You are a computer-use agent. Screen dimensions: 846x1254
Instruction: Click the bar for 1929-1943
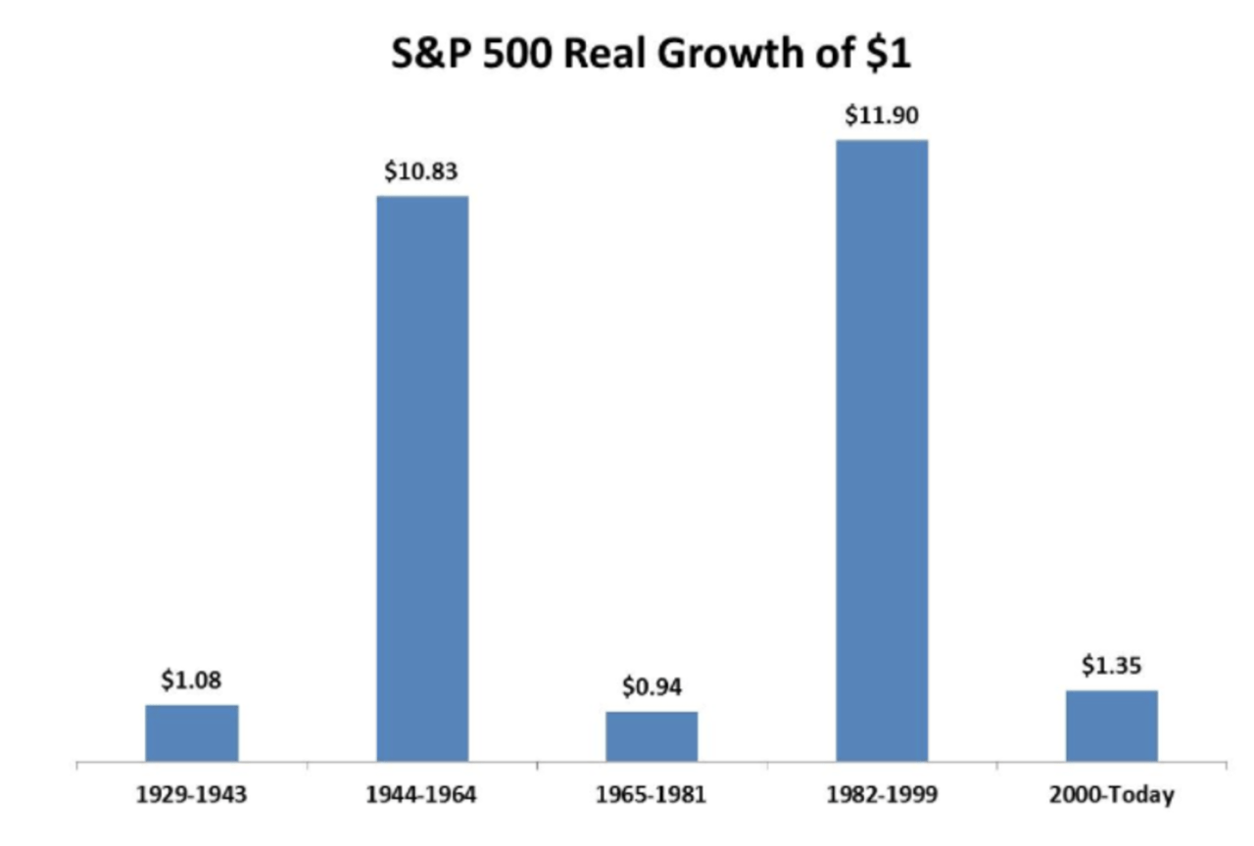coord(192,732)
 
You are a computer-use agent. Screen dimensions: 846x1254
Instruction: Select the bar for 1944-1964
coord(422,478)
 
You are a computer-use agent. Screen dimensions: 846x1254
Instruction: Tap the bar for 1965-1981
coord(651,736)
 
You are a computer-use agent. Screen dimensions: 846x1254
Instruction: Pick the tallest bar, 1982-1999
coord(882,450)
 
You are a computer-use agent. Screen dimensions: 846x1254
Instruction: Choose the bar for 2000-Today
coord(1112,726)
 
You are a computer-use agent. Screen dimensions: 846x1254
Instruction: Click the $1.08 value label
coord(192,680)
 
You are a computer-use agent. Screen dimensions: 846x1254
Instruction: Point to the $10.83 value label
coord(422,171)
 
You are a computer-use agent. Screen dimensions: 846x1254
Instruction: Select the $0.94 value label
coord(651,687)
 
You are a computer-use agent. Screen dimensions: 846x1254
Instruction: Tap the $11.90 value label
coord(882,116)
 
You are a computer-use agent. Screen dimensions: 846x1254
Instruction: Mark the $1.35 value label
coord(1112,666)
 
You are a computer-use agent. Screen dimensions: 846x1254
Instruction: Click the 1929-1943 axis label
coord(192,794)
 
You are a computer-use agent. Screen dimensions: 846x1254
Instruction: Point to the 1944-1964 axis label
coord(422,794)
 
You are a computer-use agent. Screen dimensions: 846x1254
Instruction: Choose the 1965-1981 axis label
coord(651,794)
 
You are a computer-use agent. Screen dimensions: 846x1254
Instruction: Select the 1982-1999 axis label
coord(882,794)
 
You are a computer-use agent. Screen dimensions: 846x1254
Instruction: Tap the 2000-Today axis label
coord(1112,794)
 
